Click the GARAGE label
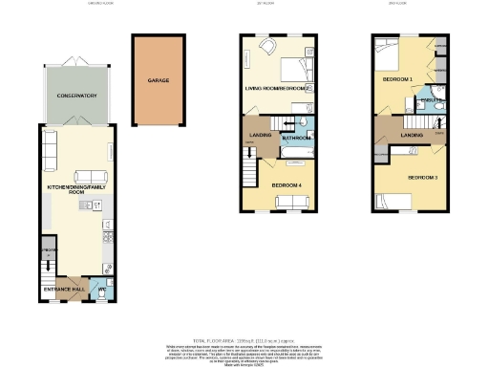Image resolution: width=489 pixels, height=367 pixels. tap(158, 81)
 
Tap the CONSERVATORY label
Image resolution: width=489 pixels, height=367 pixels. tap(75, 97)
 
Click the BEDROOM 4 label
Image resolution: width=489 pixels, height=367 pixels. tap(287, 183)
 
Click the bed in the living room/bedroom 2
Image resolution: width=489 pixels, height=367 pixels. tap(296, 70)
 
